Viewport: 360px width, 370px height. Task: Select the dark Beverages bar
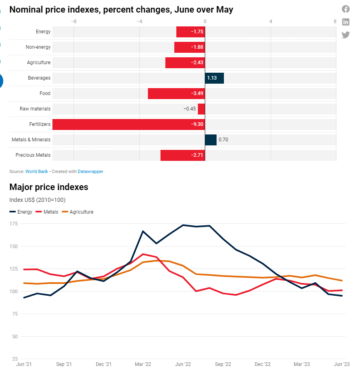(214, 78)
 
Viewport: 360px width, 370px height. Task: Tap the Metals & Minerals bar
(210, 140)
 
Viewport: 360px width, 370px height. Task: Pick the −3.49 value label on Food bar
(197, 93)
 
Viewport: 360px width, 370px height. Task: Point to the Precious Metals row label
(33, 155)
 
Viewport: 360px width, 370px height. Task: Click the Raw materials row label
(35, 109)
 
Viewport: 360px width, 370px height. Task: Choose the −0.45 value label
(189, 109)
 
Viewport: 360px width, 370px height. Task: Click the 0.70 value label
(223, 140)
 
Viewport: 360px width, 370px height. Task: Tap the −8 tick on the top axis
(74, 21)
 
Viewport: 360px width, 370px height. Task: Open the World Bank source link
(37, 171)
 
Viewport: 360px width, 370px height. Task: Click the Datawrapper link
(91, 171)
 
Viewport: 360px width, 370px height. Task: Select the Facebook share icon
(346, 9)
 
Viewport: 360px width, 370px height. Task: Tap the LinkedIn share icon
(346, 22)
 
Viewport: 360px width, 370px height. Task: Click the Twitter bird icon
(346, 35)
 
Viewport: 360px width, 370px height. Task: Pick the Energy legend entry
(21, 212)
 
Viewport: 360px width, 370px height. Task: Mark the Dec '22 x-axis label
(262, 364)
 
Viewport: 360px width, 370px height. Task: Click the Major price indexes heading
(49, 187)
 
